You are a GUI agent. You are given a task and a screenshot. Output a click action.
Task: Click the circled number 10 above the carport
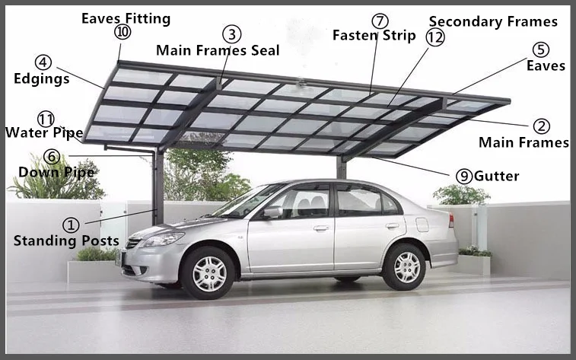click(123, 32)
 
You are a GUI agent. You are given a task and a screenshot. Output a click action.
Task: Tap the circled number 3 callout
click(232, 34)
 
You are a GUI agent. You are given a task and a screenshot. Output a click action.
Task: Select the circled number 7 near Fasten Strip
click(380, 21)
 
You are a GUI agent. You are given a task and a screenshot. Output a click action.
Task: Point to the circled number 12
click(435, 37)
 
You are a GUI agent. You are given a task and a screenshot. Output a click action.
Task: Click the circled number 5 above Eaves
click(541, 49)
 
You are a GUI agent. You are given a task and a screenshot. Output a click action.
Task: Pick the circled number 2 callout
click(542, 126)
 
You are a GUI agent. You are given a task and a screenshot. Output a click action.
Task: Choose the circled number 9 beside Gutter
click(464, 176)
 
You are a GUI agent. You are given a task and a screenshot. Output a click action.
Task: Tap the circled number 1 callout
click(71, 225)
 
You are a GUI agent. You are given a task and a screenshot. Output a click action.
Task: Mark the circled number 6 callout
click(52, 157)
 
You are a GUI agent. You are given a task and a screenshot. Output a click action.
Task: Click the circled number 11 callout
click(46, 119)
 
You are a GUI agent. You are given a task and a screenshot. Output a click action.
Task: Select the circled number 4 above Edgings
click(43, 62)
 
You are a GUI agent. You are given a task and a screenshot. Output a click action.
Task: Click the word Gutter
click(496, 176)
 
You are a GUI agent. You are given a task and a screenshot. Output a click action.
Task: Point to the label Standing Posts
click(66, 241)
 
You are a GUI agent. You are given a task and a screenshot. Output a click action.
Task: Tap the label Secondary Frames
click(493, 21)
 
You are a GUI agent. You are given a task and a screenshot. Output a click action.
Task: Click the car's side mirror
click(272, 212)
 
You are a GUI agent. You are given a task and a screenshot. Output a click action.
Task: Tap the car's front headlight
click(161, 239)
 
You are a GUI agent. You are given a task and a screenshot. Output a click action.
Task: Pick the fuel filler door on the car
click(422, 225)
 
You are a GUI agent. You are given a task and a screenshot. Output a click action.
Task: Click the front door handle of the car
click(321, 228)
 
